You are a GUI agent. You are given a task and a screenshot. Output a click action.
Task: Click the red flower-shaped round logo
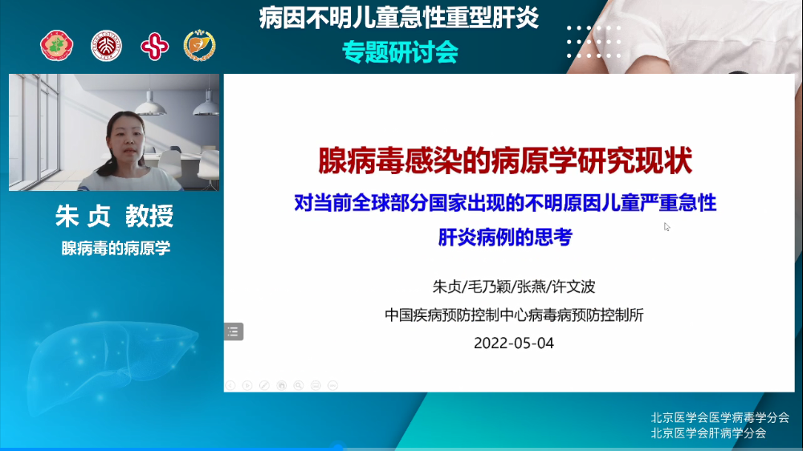(57, 46)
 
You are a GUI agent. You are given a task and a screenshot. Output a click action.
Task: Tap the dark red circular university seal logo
(106, 46)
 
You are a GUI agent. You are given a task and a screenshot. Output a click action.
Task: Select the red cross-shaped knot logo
(154, 47)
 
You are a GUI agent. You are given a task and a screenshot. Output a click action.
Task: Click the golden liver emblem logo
(199, 46)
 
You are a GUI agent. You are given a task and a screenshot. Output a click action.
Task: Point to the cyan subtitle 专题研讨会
(400, 52)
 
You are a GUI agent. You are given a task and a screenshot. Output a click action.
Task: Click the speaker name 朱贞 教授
(115, 216)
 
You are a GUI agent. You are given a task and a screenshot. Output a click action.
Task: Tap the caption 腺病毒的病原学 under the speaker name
(116, 248)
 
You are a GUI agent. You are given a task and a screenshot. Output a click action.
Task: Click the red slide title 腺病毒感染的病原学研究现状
(505, 160)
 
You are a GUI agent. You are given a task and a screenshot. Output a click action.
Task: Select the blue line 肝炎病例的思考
(505, 237)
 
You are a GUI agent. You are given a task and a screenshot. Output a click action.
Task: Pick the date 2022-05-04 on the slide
(514, 343)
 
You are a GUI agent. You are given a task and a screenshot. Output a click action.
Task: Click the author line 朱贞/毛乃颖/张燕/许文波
(514, 286)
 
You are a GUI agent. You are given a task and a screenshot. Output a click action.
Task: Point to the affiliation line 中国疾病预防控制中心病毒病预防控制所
(514, 315)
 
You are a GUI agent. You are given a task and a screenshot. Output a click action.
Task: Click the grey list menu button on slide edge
(234, 331)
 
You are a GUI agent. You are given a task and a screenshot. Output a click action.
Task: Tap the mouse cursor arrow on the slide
(666, 227)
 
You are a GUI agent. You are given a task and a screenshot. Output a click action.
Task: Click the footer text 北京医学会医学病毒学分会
(720, 418)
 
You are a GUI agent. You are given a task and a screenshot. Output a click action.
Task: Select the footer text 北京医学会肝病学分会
(708, 433)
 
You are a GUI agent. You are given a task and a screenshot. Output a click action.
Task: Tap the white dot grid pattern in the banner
(594, 42)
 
